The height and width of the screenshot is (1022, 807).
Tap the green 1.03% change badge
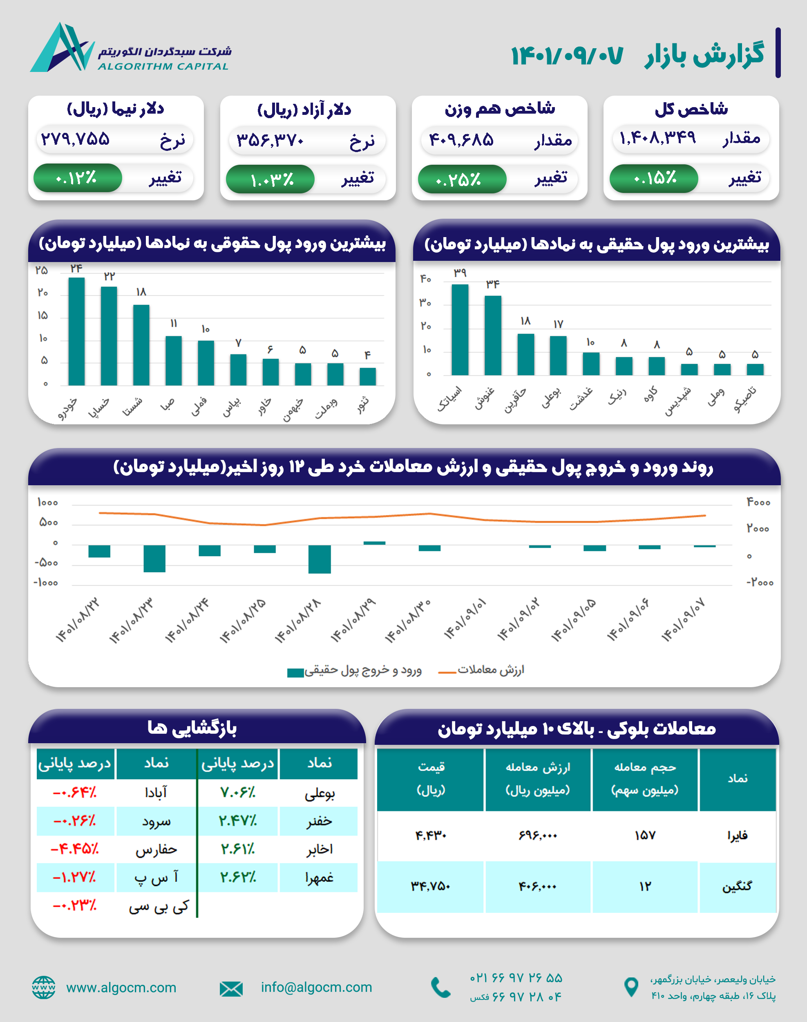pyautogui.click(x=270, y=179)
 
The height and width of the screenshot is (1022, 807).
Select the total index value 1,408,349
pyautogui.click(x=657, y=138)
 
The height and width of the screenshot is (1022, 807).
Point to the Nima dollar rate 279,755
pyautogui.click(x=76, y=139)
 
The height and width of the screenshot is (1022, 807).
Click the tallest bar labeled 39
pyautogui.click(x=460, y=329)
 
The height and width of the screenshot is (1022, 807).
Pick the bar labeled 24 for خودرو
pyautogui.click(x=76, y=331)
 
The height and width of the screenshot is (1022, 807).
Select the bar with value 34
pyautogui.click(x=493, y=335)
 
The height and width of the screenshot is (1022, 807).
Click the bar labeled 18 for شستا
pyautogui.click(x=141, y=345)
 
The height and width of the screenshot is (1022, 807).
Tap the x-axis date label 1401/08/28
pyautogui.click(x=297, y=621)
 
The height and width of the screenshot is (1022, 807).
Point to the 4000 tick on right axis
pyautogui.click(x=758, y=502)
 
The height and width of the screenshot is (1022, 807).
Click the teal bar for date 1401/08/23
pyautogui.click(x=154, y=558)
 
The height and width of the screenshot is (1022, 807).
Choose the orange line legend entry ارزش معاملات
pyautogui.click(x=482, y=670)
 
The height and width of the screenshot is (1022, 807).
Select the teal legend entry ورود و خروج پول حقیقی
pyautogui.click(x=354, y=671)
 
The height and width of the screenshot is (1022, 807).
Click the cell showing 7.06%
pyautogui.click(x=238, y=793)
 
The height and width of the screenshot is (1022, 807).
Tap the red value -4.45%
pyautogui.click(x=75, y=849)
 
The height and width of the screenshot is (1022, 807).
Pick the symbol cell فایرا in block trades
pyautogui.click(x=737, y=836)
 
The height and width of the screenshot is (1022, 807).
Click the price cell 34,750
pyautogui.click(x=430, y=886)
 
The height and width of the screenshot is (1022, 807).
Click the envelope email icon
pyautogui.click(x=231, y=988)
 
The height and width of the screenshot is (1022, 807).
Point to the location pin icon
pyautogui.click(x=631, y=987)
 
